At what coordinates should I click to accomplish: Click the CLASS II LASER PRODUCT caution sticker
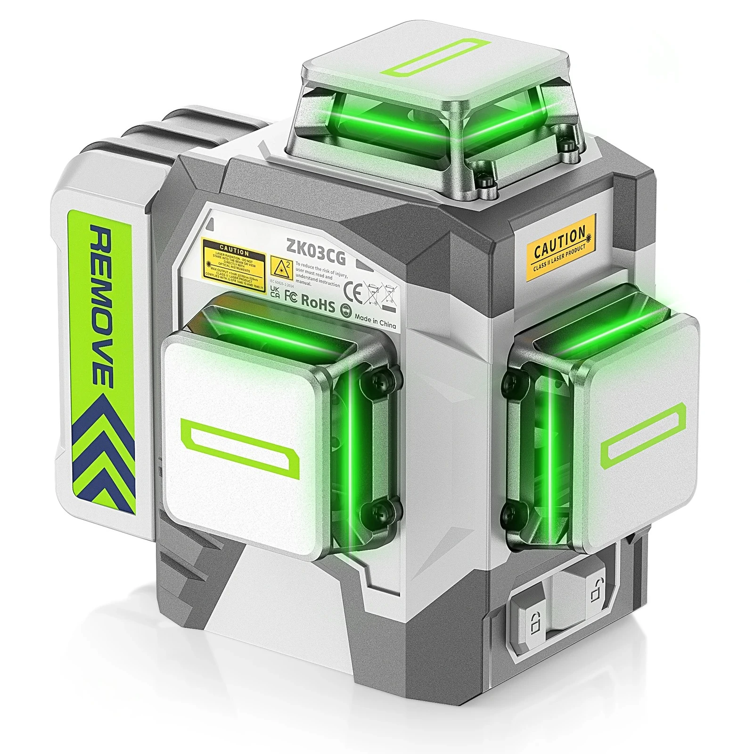point(560,247)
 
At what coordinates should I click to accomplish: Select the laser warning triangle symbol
point(281,268)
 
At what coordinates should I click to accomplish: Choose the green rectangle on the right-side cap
point(645,434)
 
